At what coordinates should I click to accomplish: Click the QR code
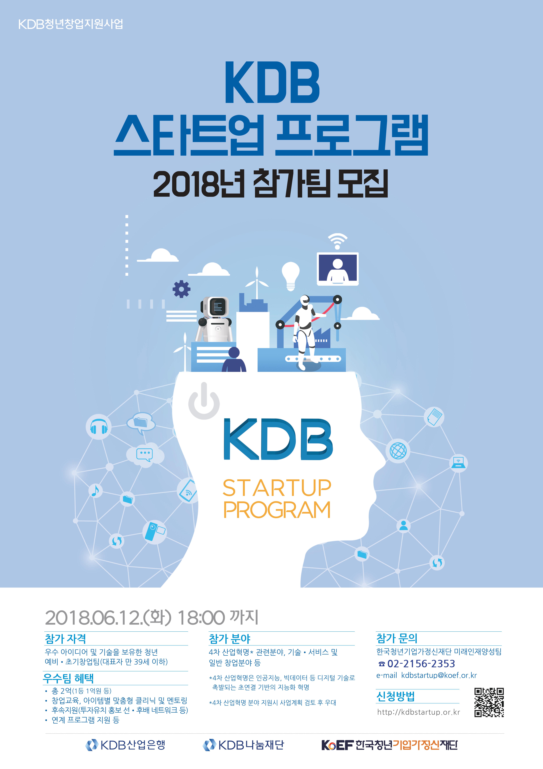[489, 702]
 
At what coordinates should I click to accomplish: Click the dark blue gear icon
[181, 289]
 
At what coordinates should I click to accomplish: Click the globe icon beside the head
[398, 450]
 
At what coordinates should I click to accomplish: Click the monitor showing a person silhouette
[338, 269]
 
